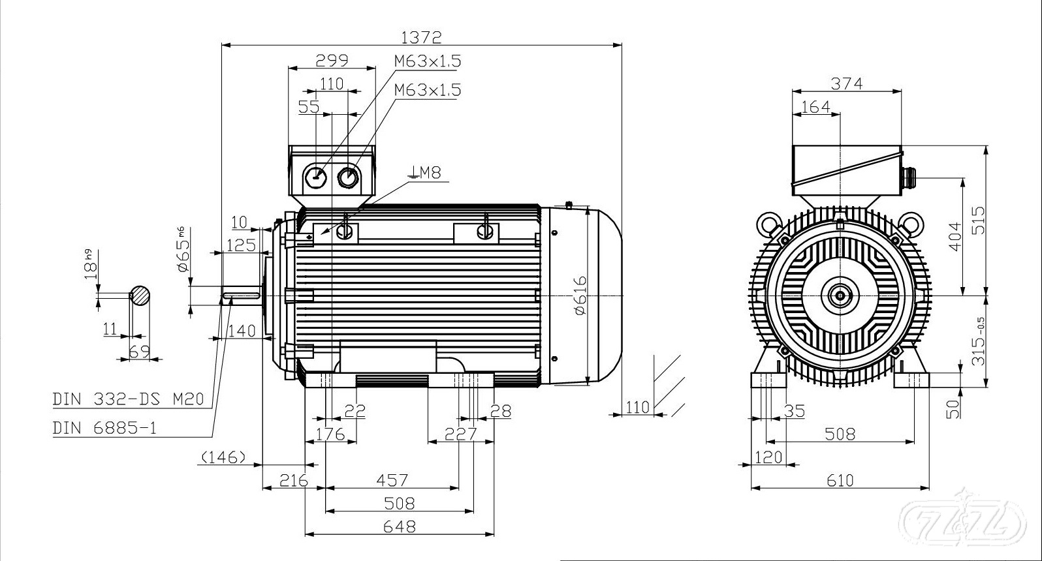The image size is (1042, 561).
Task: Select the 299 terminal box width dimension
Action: click(332, 60)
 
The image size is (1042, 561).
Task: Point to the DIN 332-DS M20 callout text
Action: click(129, 399)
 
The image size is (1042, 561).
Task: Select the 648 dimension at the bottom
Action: click(400, 526)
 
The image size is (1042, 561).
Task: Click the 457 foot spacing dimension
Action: click(392, 480)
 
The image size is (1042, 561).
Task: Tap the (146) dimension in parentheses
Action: click(223, 457)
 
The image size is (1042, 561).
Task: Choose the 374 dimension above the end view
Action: click(846, 83)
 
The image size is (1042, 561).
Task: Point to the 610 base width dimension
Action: click(840, 480)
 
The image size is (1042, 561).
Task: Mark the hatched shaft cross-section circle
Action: click(140, 296)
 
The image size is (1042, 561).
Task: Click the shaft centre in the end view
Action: click(839, 296)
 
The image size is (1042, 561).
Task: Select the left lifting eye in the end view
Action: click(768, 224)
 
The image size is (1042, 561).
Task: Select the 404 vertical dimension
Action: click(954, 235)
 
